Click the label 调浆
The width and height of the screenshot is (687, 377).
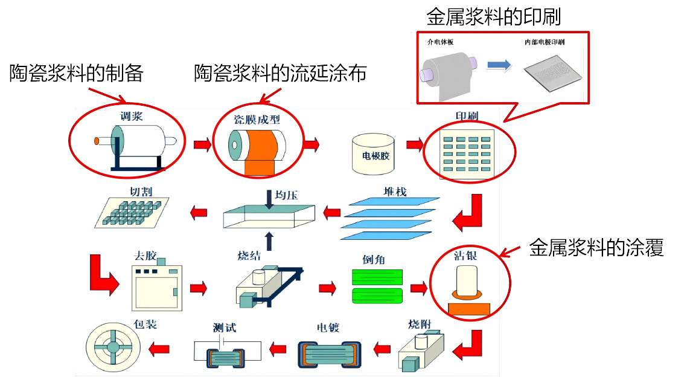coord(132,117)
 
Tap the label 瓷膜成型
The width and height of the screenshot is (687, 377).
coord(257,119)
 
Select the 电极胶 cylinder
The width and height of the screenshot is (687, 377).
coord(373,155)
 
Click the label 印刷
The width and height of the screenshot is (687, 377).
coord(467,116)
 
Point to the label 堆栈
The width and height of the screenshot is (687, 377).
coord(395,192)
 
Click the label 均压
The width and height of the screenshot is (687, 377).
coord(286,195)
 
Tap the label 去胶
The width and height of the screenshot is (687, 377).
coord(145,256)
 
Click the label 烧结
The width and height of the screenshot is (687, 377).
coord(249,256)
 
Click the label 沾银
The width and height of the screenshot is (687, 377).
coord(465,256)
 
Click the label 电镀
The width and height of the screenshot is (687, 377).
coord(328,327)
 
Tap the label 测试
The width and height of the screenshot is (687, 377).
coord(225,327)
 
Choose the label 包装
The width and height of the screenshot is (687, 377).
coord(145,324)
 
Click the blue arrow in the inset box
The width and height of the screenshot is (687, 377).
coord(499,65)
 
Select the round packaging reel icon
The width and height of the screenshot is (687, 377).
coord(113,348)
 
